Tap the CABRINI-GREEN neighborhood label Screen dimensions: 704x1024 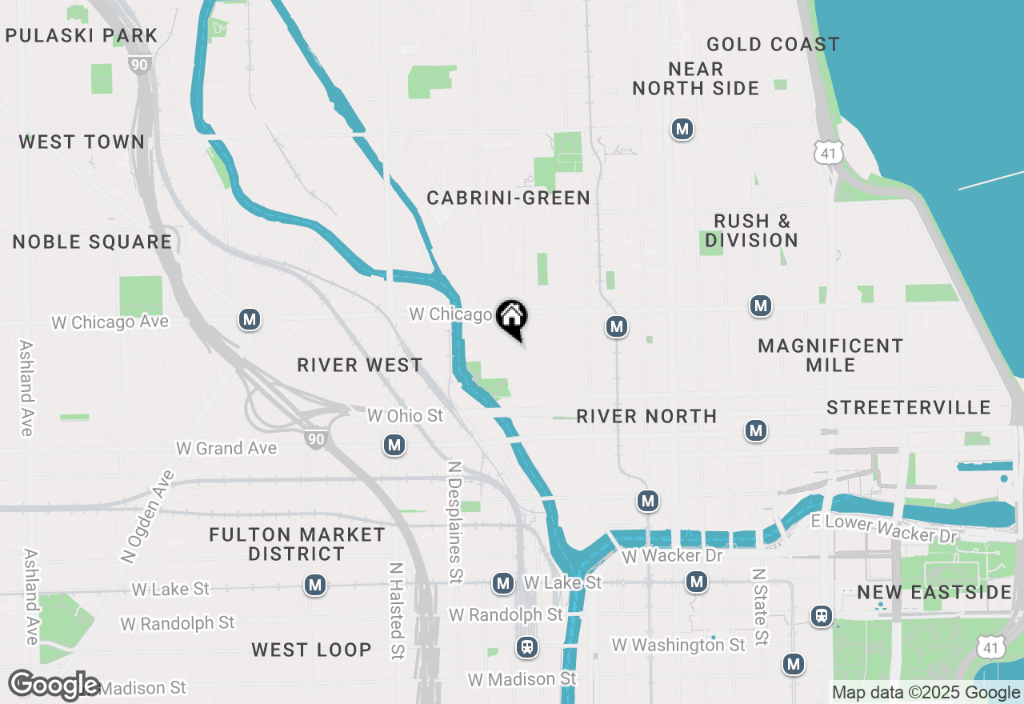click(508, 198)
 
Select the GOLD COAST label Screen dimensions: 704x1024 click(773, 44)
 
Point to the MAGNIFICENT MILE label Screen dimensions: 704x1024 click(830, 355)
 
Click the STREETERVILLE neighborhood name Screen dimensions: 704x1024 click(909, 408)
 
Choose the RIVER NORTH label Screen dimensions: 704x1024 click(646, 416)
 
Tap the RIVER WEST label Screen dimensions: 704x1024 click(360, 365)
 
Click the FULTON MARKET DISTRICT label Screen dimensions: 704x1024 click(297, 544)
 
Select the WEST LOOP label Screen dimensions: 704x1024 click(312, 650)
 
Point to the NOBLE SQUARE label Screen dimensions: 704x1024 click(92, 242)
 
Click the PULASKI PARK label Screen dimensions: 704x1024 click(82, 35)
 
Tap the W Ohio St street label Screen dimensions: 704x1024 click(405, 416)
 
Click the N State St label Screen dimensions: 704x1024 click(761, 607)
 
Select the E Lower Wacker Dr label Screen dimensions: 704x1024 click(883, 529)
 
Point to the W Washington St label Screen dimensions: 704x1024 click(678, 645)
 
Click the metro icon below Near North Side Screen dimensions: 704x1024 click(682, 129)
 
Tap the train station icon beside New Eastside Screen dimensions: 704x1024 click(821, 616)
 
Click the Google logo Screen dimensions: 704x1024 click(54, 686)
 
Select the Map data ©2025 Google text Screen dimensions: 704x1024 click(926, 693)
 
